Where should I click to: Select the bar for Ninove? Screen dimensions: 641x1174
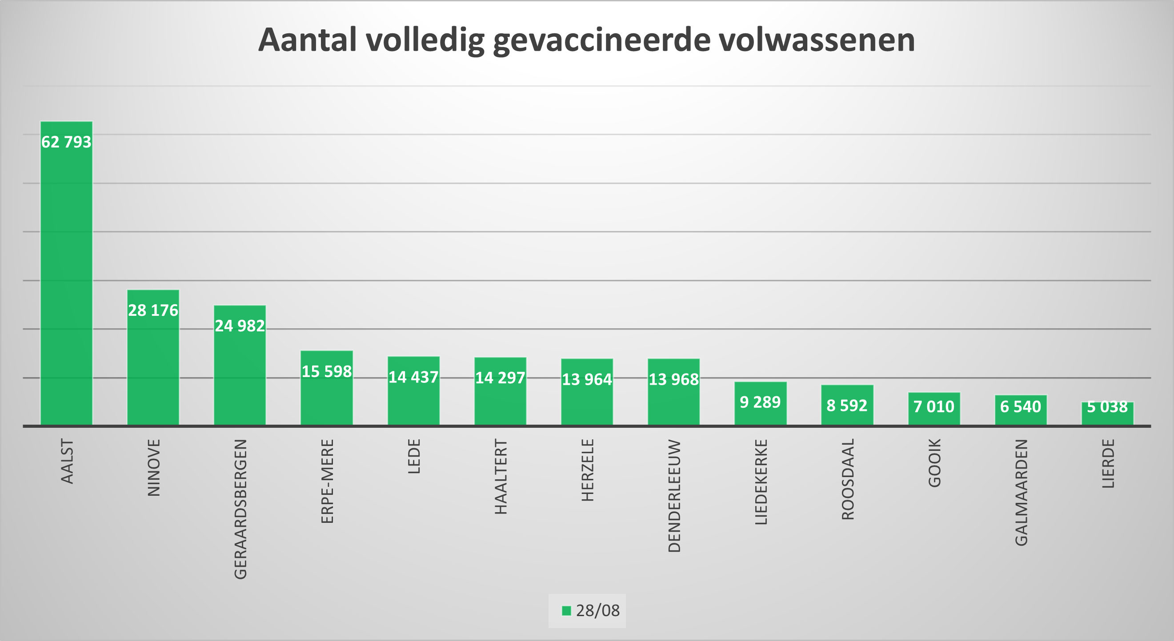(153, 364)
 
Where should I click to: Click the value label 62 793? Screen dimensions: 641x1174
(67, 142)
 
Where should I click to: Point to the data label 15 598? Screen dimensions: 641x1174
(327, 372)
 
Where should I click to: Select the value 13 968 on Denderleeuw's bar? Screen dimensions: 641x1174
(673, 379)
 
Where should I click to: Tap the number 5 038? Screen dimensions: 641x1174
(1107, 406)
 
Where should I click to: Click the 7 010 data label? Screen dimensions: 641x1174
(934, 406)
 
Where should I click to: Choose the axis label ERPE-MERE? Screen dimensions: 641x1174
(327, 481)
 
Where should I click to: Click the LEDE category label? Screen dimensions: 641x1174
(414, 456)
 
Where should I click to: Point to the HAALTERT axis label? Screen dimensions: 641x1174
(501, 477)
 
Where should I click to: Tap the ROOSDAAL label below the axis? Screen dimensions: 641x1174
(847, 479)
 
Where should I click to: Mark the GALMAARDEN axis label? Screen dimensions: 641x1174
(1021, 493)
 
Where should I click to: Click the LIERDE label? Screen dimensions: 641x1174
(1108, 463)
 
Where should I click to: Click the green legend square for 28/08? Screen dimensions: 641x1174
(566, 611)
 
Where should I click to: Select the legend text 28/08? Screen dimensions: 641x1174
(597, 611)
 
